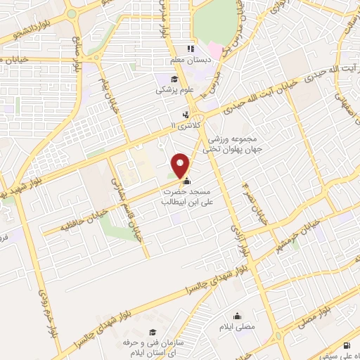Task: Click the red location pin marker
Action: [181, 165]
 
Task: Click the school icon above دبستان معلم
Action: [188, 49]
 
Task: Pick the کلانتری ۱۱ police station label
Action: [185, 124]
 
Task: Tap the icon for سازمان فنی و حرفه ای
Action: [152, 332]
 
